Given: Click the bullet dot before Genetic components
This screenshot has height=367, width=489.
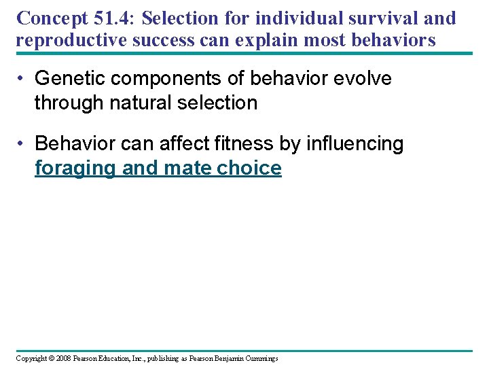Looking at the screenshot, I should click(23, 80).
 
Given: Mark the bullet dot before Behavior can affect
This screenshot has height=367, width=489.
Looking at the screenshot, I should click(23, 144).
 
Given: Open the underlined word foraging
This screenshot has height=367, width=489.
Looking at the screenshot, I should click(75, 168).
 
